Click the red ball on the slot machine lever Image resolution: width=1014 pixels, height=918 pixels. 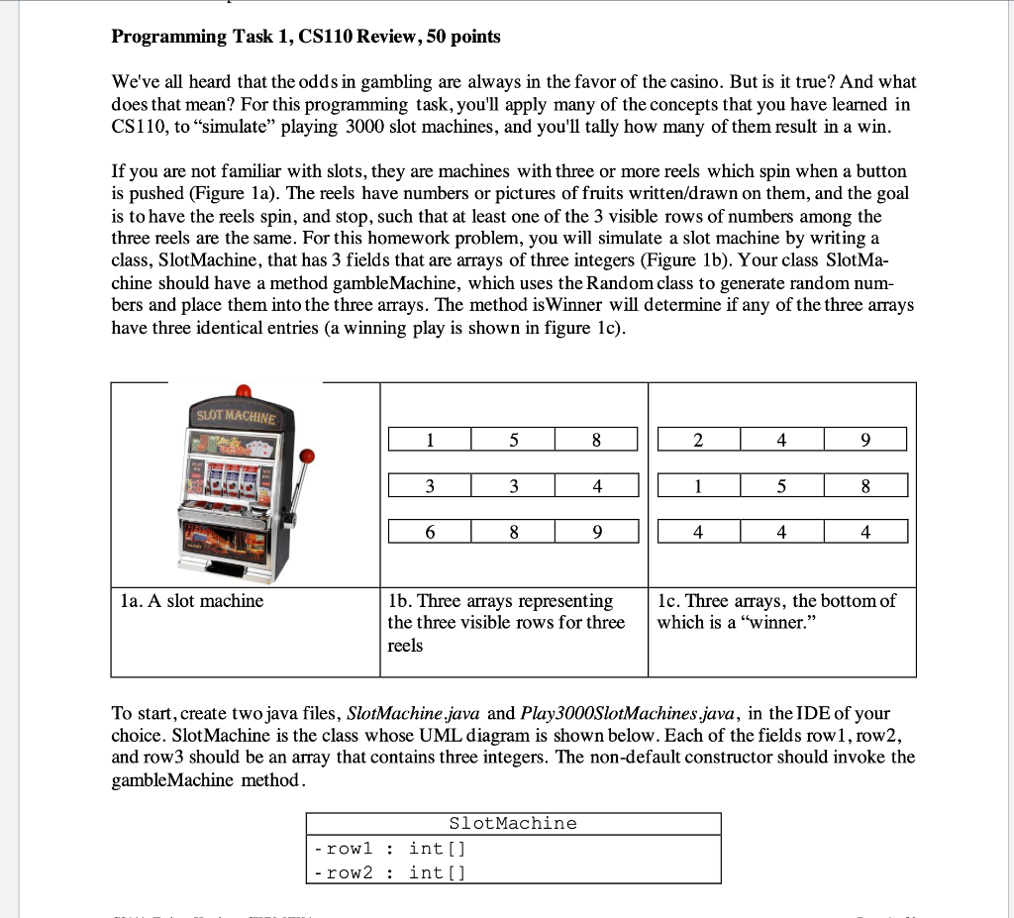coord(307,457)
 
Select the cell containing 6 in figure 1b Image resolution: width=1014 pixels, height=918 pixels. coord(429,532)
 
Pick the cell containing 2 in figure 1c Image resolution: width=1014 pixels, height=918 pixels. coord(697,440)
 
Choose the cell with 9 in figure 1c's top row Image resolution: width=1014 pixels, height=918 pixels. coord(864,440)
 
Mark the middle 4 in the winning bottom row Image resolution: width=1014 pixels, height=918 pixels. coord(781,532)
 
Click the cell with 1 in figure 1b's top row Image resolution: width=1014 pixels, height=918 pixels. coord(429,440)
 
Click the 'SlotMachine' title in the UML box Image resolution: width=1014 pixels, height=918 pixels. coord(512,824)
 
